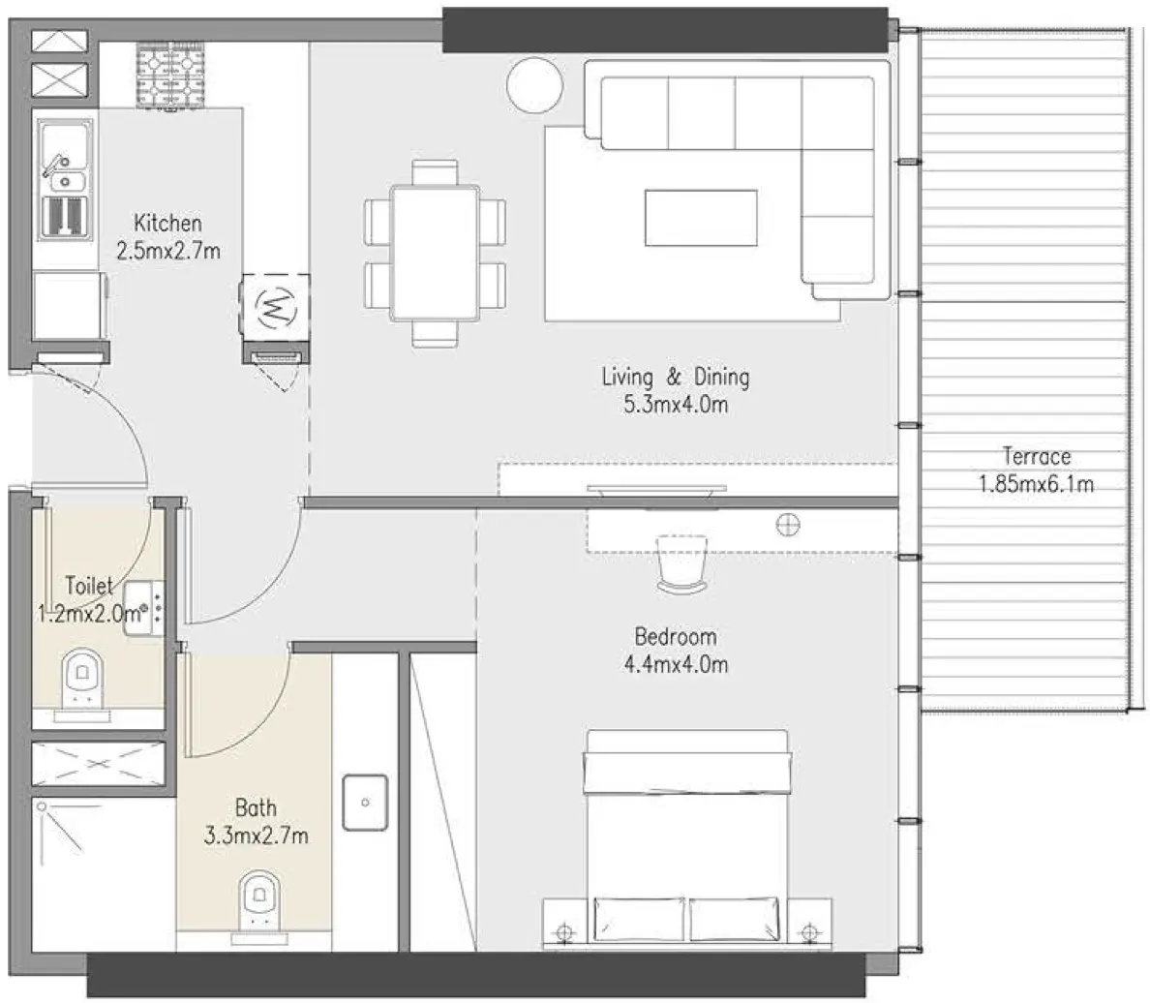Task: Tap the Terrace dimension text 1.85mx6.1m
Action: pyautogui.click(x=1037, y=483)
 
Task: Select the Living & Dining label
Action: pyautogui.click(x=675, y=377)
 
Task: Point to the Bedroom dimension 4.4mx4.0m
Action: pyautogui.click(x=675, y=664)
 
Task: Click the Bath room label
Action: pyautogui.click(x=256, y=807)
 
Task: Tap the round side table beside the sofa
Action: pyautogui.click(x=533, y=85)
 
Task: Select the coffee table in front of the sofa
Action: pyautogui.click(x=702, y=218)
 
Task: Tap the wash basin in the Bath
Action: pyautogui.click(x=365, y=803)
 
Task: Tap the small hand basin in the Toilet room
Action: pyautogui.click(x=139, y=607)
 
